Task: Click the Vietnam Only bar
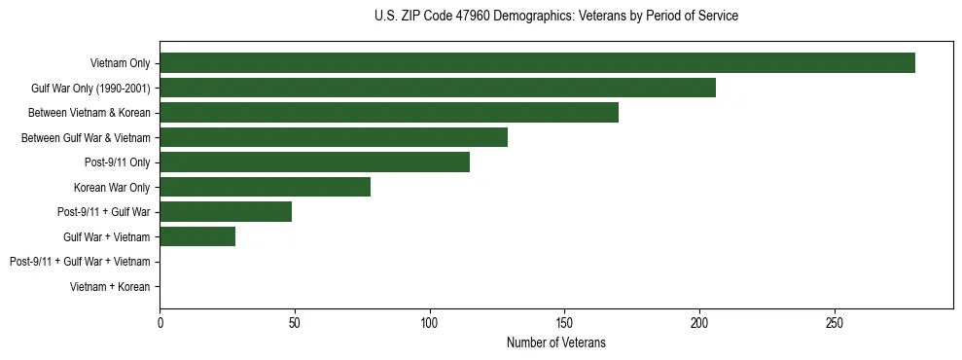click(537, 63)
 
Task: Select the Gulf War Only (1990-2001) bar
click(438, 89)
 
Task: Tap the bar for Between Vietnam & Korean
click(389, 113)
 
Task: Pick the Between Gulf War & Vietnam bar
click(334, 137)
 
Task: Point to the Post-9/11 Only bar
click(314, 162)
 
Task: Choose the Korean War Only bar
click(265, 187)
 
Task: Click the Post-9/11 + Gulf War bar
click(226, 212)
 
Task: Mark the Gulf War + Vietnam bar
click(197, 236)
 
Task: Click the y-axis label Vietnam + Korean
click(110, 287)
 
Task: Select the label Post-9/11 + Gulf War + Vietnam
click(80, 262)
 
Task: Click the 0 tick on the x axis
click(160, 322)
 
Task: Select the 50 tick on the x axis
click(295, 322)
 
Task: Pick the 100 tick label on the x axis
click(430, 322)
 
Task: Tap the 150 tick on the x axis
click(564, 322)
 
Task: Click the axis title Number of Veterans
click(555, 342)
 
